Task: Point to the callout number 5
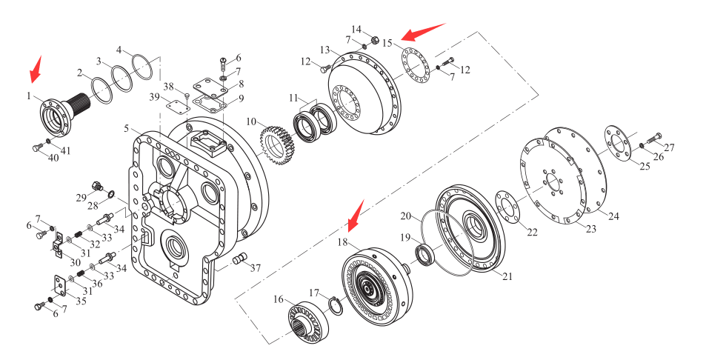(x=127, y=129)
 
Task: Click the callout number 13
(x=324, y=50)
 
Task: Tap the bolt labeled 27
(x=654, y=138)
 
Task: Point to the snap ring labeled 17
(x=333, y=304)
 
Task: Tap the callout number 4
(x=119, y=50)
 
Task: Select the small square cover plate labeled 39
(x=175, y=106)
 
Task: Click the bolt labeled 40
(x=39, y=149)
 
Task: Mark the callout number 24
(x=613, y=216)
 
